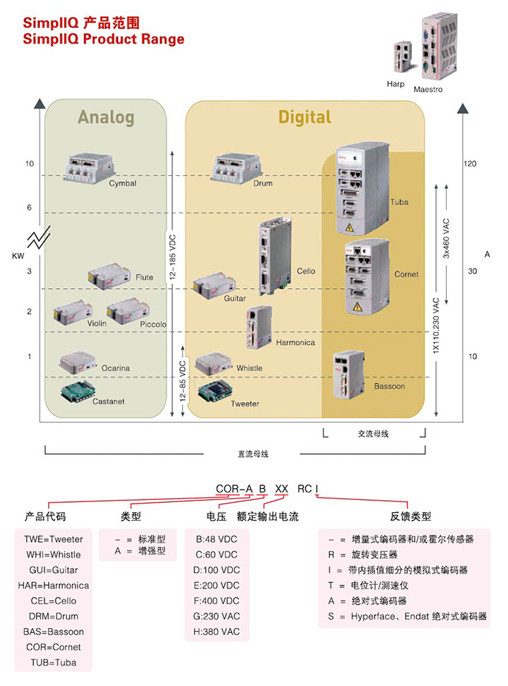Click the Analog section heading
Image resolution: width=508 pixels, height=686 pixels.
pyautogui.click(x=106, y=117)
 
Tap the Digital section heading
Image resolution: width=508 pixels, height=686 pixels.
pyautogui.click(x=304, y=117)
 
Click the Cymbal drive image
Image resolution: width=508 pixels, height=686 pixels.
pyautogui.click(x=88, y=168)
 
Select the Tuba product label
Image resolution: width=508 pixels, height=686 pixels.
pyautogui.click(x=399, y=202)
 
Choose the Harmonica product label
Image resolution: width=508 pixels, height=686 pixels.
pyautogui.click(x=295, y=343)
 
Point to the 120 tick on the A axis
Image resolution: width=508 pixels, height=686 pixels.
pyautogui.click(x=470, y=164)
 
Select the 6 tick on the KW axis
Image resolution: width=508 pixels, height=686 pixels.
pyautogui.click(x=30, y=207)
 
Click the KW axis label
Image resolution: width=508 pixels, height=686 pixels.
pyautogui.click(x=18, y=255)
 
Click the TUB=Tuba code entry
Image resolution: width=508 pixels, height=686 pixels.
pyautogui.click(x=54, y=663)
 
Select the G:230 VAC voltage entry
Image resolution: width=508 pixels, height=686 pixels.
pyautogui.click(x=217, y=616)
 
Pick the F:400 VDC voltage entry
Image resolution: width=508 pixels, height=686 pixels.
pyautogui.click(x=217, y=601)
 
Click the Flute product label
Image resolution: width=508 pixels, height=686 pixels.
pyautogui.click(x=144, y=278)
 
